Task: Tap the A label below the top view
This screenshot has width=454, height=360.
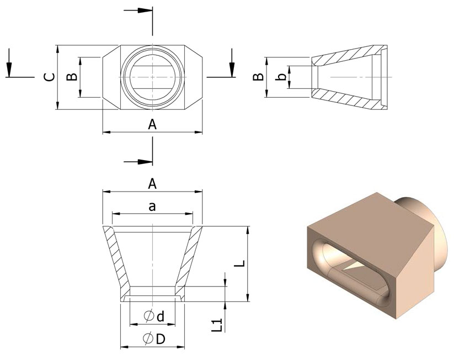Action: (153, 125)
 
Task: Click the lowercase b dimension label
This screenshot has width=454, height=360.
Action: (281, 77)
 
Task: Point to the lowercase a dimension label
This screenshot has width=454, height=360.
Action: (153, 207)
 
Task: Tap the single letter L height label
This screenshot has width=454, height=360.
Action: (239, 264)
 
